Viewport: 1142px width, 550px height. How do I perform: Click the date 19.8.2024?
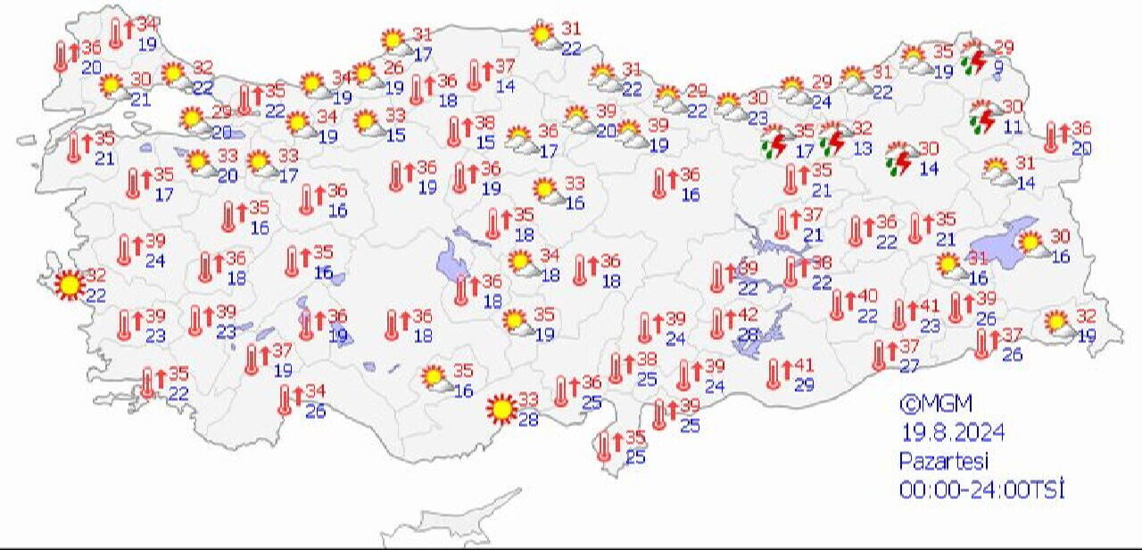point(952,433)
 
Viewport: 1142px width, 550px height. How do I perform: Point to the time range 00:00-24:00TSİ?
point(982,489)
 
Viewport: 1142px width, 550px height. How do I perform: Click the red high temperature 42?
point(748,315)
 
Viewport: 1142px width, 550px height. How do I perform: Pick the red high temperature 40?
point(867,296)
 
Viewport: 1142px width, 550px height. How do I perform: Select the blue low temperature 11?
point(1012,127)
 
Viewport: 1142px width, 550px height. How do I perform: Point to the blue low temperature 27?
point(908,365)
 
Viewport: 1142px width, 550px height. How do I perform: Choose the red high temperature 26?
point(393,68)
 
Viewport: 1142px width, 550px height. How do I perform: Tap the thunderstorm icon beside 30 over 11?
point(985,117)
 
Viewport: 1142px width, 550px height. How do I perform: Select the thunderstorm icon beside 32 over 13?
point(834,139)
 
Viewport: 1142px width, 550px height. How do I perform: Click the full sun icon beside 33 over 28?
point(501,409)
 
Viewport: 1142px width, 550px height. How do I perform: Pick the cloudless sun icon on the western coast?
point(69,284)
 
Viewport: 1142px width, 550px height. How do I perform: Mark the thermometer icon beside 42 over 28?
point(718,324)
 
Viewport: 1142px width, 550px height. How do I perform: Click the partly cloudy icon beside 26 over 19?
point(365,75)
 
